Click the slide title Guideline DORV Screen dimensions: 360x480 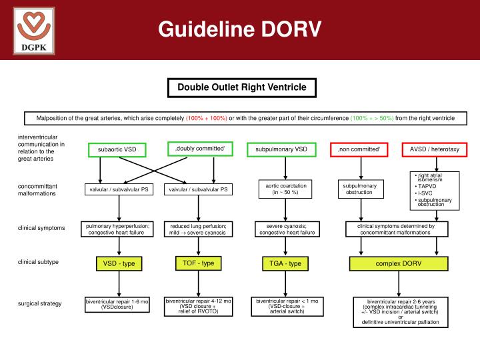coord(239,29)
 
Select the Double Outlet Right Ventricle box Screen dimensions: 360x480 coord(241,87)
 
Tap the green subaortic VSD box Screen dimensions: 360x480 coord(117,149)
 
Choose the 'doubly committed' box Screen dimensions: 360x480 coord(201,148)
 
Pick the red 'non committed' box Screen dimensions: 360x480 coord(359,149)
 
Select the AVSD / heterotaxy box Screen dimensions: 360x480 coord(435,149)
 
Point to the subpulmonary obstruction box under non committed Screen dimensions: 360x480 coord(359,189)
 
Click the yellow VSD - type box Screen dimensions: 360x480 coord(119,264)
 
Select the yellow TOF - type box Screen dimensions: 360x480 coord(199,263)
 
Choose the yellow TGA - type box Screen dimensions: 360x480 coord(285,264)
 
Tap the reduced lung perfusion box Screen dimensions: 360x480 coord(199,229)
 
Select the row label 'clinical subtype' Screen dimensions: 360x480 coord(38,262)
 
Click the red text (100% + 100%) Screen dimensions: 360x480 coord(207,118)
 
